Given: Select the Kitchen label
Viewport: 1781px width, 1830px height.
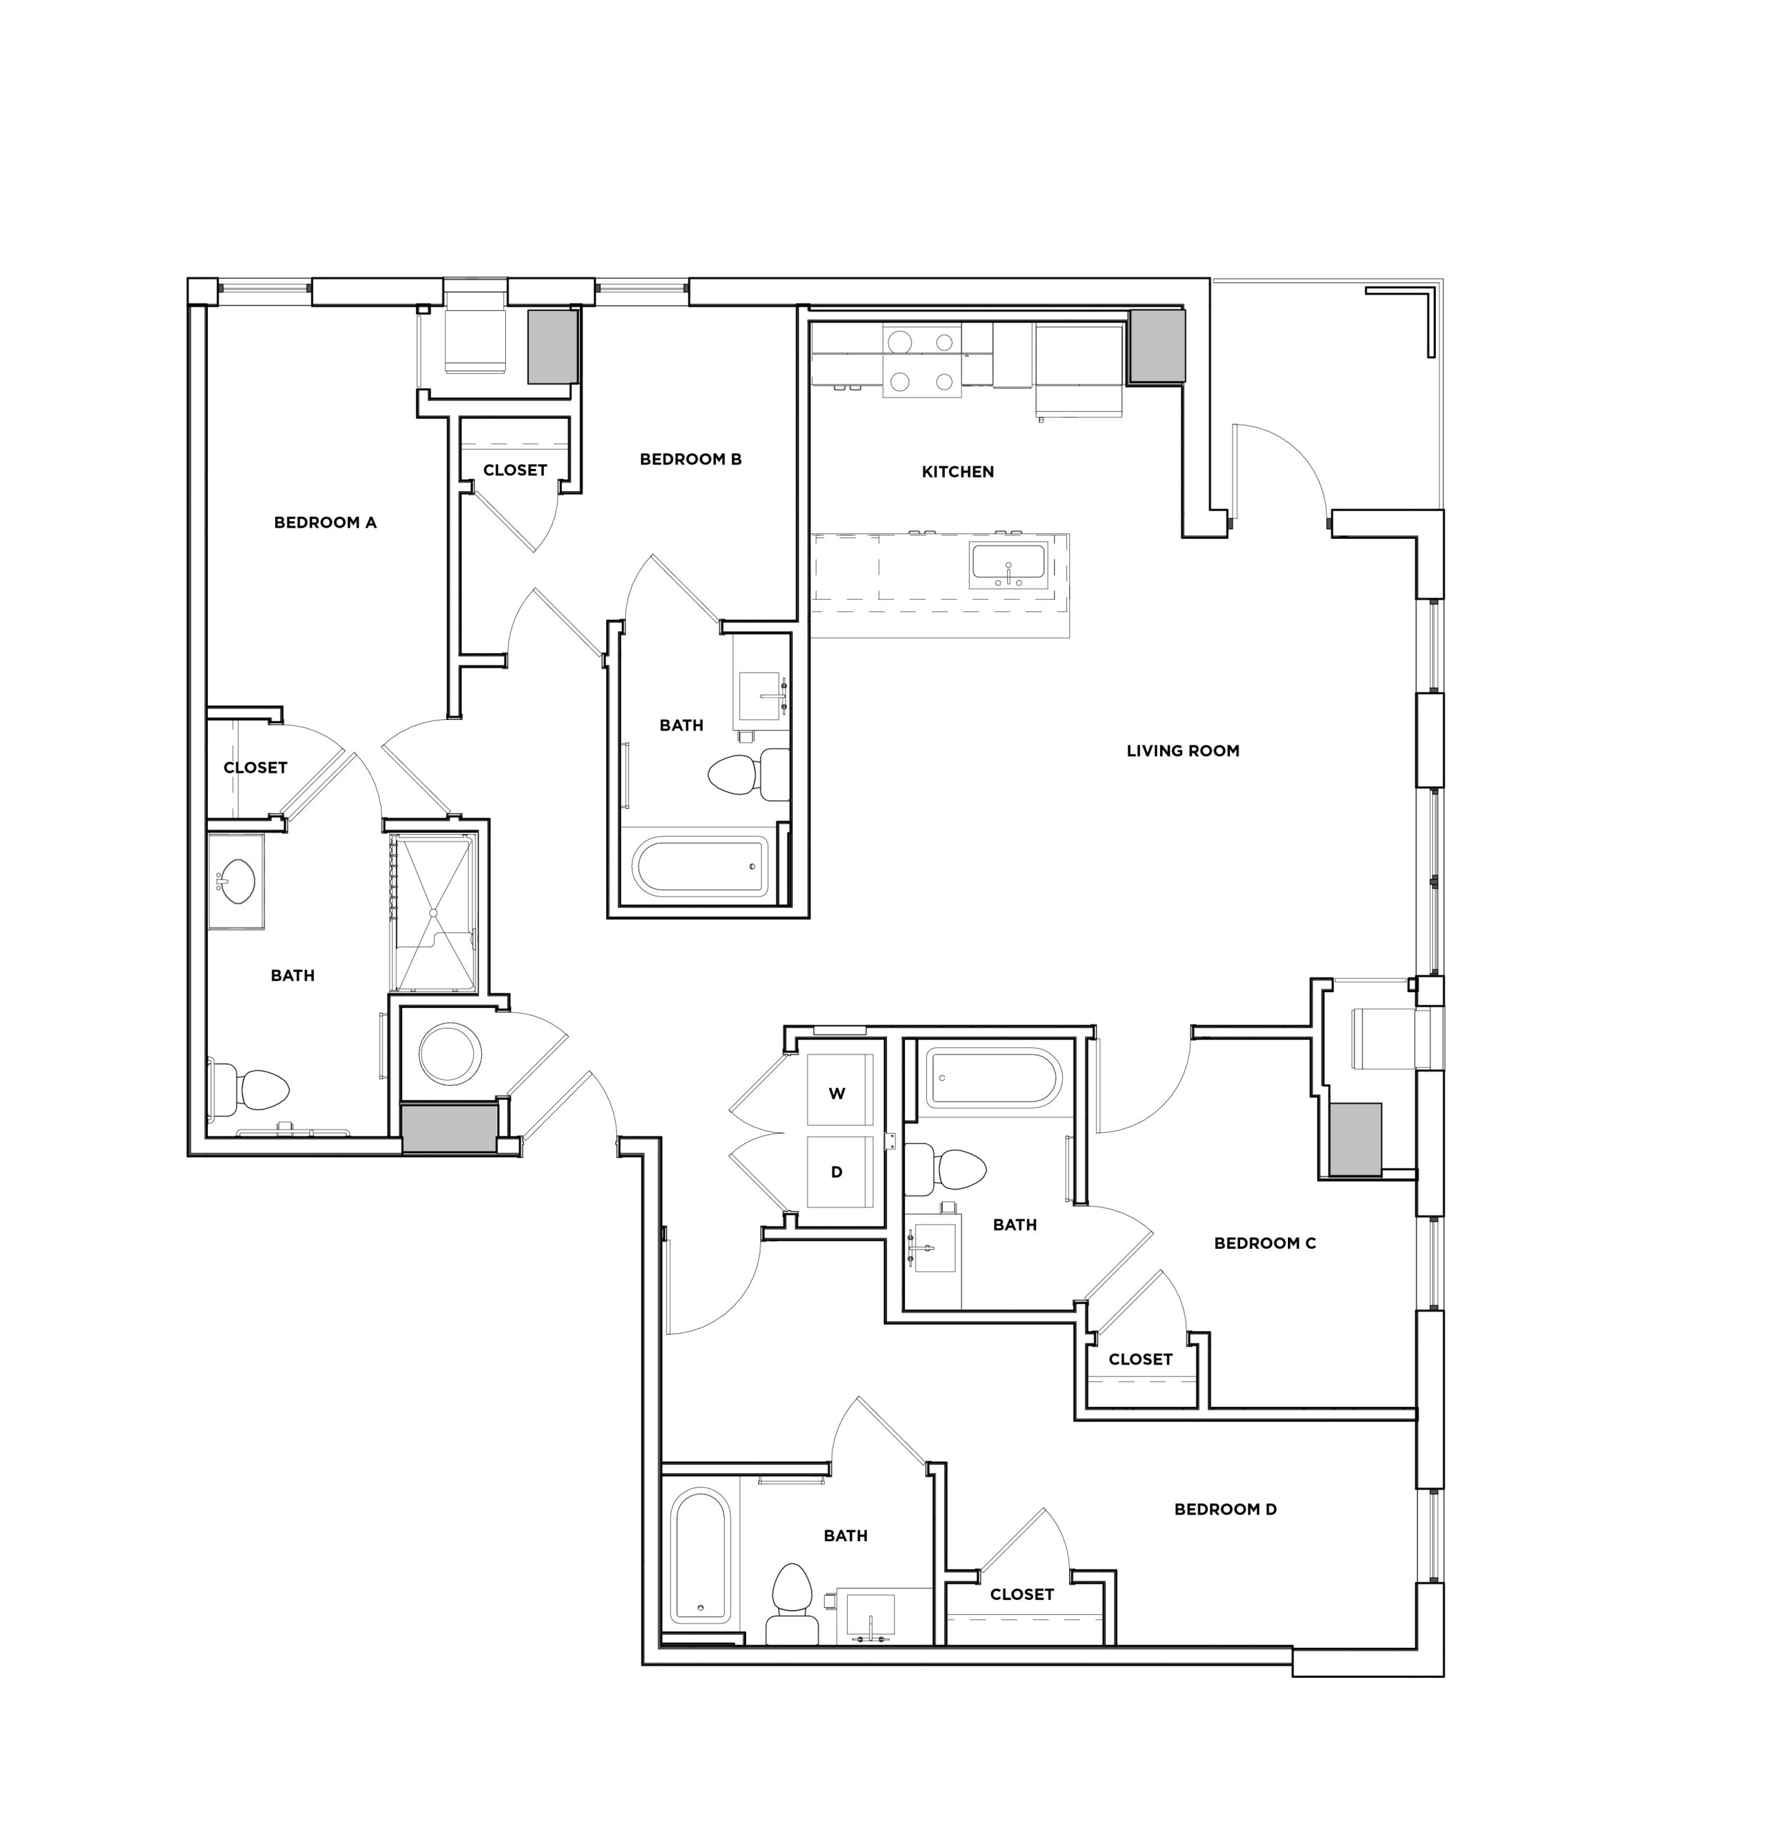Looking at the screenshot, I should pyautogui.click(x=957, y=472).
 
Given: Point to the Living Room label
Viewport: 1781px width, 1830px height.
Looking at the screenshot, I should pyautogui.click(x=1182, y=751).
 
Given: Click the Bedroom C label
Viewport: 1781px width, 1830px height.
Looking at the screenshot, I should pyautogui.click(x=1265, y=1242).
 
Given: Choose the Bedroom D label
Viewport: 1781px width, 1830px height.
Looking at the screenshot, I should pyautogui.click(x=1226, y=1508).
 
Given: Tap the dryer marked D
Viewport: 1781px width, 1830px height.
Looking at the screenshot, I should pyautogui.click(x=838, y=1172).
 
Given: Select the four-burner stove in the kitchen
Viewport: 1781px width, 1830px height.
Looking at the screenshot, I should pyautogui.click(x=921, y=360).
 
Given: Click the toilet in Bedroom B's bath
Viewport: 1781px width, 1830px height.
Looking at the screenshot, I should pyautogui.click(x=744, y=773).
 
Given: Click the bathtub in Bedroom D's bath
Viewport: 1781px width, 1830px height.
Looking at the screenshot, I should pyautogui.click(x=700, y=1558).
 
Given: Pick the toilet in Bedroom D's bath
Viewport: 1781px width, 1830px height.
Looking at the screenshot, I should pyautogui.click(x=793, y=1600).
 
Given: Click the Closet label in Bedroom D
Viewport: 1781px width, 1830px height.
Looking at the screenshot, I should pyautogui.click(x=1021, y=1594).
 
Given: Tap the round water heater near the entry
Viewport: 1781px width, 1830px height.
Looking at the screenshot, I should pyautogui.click(x=450, y=1054).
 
